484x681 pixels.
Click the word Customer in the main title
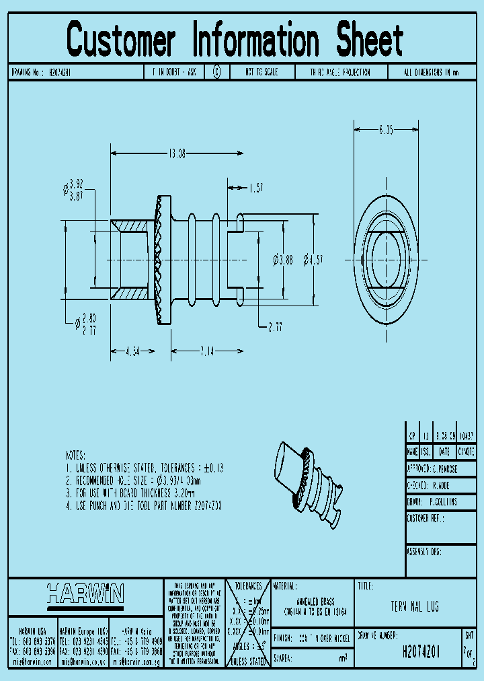121,40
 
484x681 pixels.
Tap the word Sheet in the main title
369,40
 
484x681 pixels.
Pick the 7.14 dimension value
206,351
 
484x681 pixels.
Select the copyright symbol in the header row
216,72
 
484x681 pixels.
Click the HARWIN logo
85,594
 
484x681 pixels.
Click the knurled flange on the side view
162,259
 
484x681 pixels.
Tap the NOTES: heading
80,455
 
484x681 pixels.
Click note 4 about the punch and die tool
144,505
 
